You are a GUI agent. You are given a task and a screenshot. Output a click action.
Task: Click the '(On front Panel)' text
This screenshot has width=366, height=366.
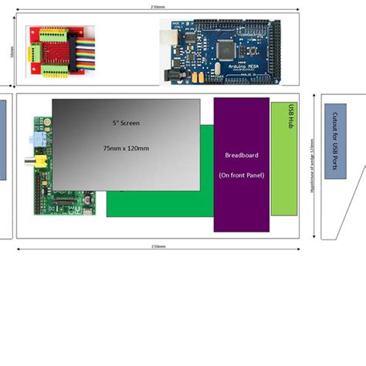pyautogui.click(x=241, y=175)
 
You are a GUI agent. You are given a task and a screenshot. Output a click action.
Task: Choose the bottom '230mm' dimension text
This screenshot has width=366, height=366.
pyautogui.click(x=158, y=247)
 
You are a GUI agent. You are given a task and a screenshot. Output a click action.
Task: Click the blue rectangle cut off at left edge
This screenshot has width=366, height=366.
pyautogui.click(x=3, y=139)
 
